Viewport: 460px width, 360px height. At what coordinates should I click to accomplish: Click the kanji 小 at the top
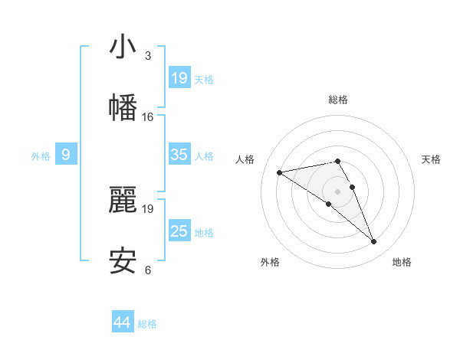123,47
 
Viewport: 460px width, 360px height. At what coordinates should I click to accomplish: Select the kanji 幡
123,107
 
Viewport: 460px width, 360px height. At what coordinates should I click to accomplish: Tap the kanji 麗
123,200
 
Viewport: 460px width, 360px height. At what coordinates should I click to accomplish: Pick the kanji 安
123,261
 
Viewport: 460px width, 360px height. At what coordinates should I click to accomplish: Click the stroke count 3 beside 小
147,56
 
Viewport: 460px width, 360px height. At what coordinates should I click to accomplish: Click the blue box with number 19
179,78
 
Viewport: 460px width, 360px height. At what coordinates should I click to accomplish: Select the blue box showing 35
179,155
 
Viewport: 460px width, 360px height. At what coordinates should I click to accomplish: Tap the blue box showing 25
179,231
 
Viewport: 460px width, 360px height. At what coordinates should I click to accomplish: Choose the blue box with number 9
66,155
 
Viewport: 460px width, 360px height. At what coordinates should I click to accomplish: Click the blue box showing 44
123,322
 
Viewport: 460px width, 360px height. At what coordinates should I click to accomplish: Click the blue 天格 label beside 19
204,79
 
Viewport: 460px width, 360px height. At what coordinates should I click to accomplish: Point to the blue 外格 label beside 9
41,156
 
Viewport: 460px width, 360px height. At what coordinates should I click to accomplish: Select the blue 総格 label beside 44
147,324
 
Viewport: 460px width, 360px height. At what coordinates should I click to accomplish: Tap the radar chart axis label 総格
338,100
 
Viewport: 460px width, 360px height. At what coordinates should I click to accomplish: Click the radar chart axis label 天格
431,159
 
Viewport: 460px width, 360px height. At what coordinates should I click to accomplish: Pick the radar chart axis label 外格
270,262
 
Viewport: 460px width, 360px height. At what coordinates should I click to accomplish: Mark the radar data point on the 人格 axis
280,172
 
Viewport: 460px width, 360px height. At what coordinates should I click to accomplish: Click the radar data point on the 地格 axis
374,242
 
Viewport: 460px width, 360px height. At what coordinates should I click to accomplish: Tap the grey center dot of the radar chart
338,191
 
